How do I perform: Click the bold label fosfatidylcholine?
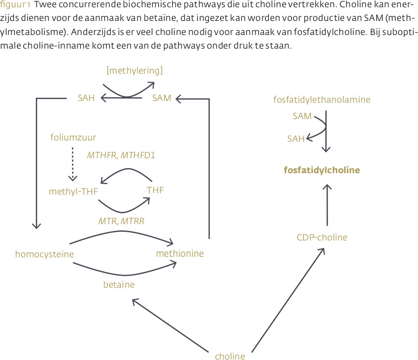pos(322,170)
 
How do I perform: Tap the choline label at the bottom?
pos(230,356)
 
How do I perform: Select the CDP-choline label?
pos(322,237)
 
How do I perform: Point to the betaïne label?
pos(119,285)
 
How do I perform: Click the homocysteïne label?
pos(45,254)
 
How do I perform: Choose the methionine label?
pos(179,253)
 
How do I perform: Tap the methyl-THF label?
pos(73,191)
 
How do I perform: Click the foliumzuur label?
pos(73,137)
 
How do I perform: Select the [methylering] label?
pos(134,70)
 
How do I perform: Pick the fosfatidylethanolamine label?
pos(322,100)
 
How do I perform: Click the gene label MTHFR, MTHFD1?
pos(121,155)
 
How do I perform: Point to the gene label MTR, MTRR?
pos(122,221)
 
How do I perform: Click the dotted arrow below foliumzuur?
pos(73,164)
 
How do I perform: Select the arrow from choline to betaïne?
pos(170,325)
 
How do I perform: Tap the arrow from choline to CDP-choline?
pos(288,300)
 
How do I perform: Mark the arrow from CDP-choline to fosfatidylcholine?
pos(327,205)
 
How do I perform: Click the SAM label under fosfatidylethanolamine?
pos(302,116)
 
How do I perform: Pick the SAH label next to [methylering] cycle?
pos(86,98)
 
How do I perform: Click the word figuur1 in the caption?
pos(15,5)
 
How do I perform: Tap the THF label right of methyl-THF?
pos(155,190)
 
